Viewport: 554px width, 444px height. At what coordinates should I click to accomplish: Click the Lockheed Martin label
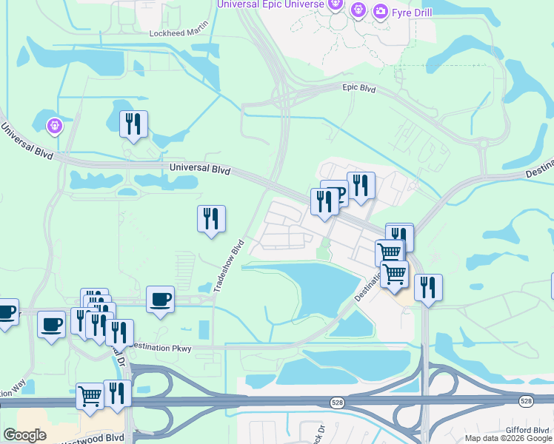point(178,33)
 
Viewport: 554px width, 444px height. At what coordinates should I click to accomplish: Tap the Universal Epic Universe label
point(270,4)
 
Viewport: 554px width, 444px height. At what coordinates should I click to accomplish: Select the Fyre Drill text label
point(411,11)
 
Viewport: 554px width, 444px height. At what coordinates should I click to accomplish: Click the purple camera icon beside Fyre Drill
point(381,10)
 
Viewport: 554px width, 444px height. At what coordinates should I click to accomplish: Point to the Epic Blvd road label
point(359,89)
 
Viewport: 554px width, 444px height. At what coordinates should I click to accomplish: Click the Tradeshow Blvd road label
point(229,266)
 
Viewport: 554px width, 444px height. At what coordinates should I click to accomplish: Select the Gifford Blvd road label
point(529,429)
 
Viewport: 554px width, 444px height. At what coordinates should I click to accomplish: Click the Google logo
point(24,435)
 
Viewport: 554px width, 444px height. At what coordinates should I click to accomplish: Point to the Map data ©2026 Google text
point(508,438)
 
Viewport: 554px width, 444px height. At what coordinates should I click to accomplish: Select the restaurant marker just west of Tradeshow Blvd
point(211,218)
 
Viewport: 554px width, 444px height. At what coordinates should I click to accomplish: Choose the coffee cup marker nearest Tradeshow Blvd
point(160,299)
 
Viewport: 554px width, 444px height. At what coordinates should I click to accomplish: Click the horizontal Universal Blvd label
point(200,169)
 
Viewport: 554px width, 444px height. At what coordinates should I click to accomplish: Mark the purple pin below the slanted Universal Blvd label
point(55,127)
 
